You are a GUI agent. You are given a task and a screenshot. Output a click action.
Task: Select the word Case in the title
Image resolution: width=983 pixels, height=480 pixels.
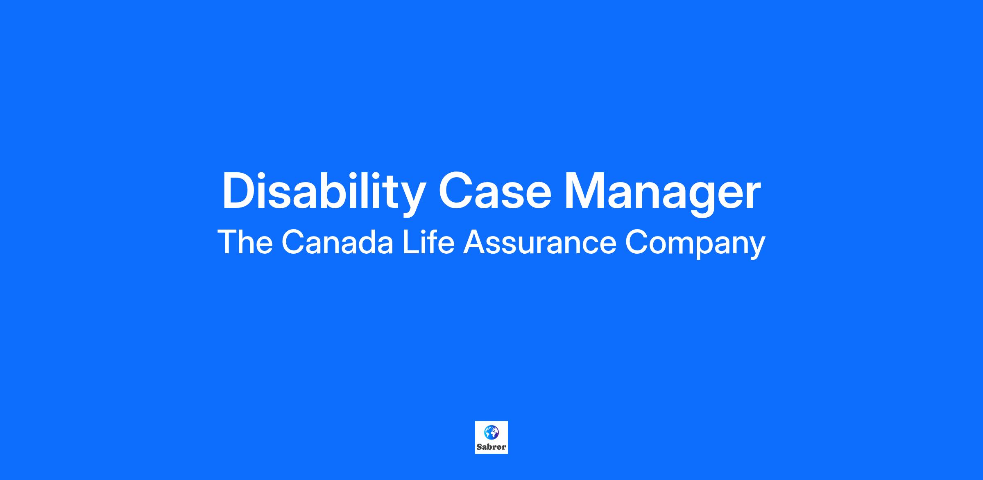coord(495,192)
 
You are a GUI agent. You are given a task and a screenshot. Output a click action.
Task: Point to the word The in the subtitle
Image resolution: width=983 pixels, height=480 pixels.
coord(245,242)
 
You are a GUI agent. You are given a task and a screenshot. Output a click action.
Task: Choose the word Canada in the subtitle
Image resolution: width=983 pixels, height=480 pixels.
coord(337,242)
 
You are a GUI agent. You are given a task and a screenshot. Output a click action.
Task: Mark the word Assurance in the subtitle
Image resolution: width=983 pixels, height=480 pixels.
coord(539,242)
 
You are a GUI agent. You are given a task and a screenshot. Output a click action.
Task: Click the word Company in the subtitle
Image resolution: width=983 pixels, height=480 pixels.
coord(695,244)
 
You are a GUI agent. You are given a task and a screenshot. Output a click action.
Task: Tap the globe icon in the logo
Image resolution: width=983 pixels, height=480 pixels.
coord(491,432)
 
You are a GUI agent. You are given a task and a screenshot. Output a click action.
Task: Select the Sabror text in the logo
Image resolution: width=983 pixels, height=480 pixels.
coord(491,447)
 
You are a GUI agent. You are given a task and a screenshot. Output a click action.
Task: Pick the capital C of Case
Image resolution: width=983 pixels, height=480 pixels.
coord(456,191)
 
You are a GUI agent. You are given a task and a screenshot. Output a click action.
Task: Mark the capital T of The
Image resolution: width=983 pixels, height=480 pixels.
coord(228,242)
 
